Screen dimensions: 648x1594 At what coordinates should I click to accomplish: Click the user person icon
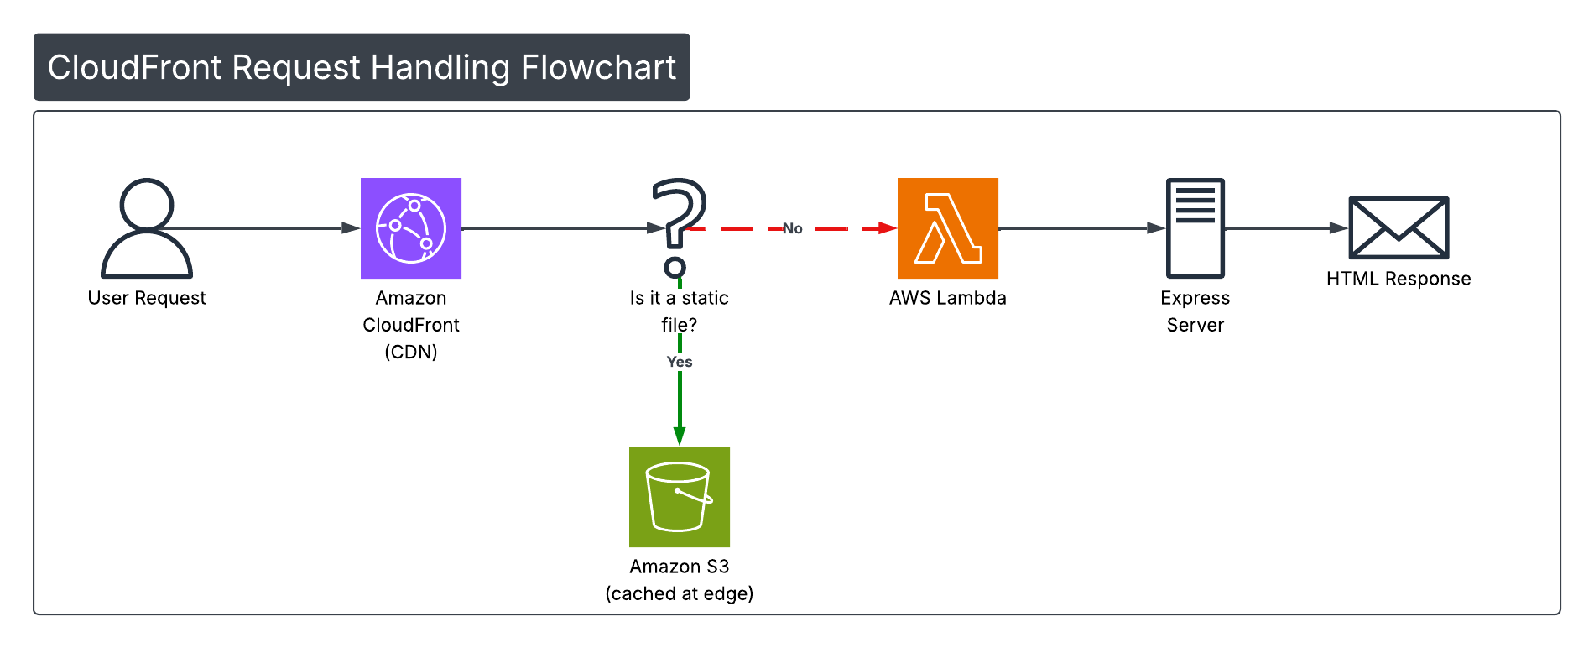pos(147,227)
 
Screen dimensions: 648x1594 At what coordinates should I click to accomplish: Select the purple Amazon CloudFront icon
pos(411,228)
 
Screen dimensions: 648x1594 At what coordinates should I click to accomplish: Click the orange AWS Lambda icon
pos(948,228)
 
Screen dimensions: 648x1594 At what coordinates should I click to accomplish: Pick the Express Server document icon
pos(1195,227)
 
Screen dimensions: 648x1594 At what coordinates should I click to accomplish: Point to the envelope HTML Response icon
pos(1399,227)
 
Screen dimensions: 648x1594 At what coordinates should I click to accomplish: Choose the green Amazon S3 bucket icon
pos(680,497)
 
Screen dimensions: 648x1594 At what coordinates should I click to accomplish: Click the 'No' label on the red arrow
pos(793,228)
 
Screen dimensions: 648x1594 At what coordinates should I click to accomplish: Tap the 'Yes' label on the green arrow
pos(680,362)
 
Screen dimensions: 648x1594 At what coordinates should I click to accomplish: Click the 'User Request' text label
pos(147,298)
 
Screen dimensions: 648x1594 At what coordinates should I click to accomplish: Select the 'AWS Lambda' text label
pos(948,298)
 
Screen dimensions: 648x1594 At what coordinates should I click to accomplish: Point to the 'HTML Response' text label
pos(1399,279)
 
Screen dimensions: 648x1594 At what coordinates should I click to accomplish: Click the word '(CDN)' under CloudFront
pos(411,352)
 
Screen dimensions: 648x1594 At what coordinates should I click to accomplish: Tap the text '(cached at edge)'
pos(680,593)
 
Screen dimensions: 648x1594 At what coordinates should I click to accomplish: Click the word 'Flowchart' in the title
pos(598,67)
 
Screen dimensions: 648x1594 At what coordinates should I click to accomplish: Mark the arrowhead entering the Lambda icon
pos(888,228)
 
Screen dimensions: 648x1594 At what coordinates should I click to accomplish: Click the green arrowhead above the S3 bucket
pos(680,436)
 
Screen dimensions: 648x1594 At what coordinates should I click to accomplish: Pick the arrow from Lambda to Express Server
pos(1082,227)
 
